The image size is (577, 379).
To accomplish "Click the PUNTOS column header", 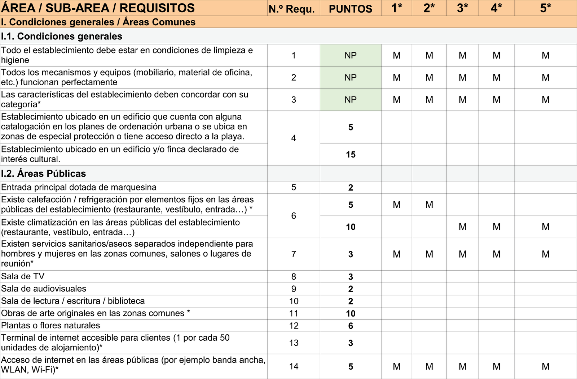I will [350, 9].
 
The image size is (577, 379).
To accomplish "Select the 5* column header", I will [545, 8].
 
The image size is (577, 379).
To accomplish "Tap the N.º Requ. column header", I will [294, 9].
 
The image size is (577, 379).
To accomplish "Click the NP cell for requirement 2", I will [350, 77].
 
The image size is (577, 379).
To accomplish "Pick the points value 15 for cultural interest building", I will [351, 155].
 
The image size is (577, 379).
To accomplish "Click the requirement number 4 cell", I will [294, 138].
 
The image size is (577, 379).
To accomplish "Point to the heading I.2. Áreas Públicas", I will [44, 173].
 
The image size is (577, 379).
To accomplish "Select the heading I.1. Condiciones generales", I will [62, 36].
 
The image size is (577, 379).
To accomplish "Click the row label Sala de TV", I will [23, 276].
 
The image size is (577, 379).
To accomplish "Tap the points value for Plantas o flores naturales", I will [351, 326].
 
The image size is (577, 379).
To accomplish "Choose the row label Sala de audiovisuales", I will [44, 289].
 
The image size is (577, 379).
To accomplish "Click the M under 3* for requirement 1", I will [462, 55].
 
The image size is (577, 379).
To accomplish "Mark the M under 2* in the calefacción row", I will [429, 205].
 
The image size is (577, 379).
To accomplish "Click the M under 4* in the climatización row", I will [496, 227].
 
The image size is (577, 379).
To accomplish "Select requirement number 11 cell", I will [294, 314].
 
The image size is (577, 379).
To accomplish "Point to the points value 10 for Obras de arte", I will [351, 314].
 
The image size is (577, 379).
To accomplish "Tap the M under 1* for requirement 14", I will [397, 366].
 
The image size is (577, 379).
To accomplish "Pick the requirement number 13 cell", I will [294, 343].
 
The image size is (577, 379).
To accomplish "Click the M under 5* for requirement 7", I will [545, 254].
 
